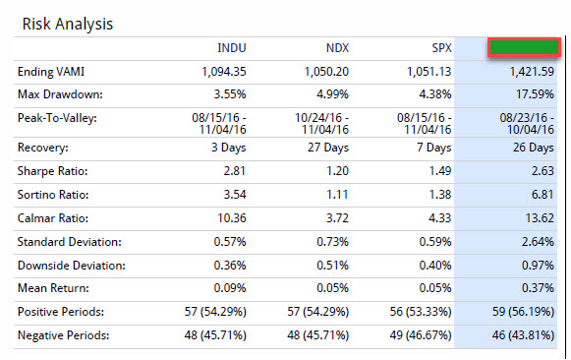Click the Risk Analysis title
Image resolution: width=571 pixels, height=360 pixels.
click(x=68, y=25)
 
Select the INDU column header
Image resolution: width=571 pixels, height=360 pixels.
click(x=232, y=48)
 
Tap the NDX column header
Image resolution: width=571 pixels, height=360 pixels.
click(x=337, y=48)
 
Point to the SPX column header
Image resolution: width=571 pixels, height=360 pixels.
click(x=441, y=48)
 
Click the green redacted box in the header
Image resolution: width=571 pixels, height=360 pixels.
click(x=524, y=47)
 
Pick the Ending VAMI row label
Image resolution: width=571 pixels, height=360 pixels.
click(x=51, y=72)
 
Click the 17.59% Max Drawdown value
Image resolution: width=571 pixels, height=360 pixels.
click(x=535, y=94)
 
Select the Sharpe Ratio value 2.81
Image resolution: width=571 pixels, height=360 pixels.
click(x=235, y=171)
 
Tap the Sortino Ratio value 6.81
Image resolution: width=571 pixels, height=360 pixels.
click(x=542, y=195)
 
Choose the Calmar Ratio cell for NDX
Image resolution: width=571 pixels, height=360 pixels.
click(x=337, y=218)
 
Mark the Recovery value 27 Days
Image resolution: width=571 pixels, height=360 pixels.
click(x=328, y=148)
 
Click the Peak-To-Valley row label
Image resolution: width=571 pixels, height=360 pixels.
click(x=57, y=118)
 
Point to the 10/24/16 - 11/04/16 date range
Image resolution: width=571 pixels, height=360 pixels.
click(x=321, y=124)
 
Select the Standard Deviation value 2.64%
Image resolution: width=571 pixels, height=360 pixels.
click(x=538, y=242)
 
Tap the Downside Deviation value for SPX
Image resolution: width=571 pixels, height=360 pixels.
click(x=435, y=266)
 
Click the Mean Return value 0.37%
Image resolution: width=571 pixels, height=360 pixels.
click(x=538, y=288)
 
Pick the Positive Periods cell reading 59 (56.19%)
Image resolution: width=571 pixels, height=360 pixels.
click(x=523, y=312)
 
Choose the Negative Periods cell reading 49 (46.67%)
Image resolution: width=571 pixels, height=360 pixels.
click(x=421, y=335)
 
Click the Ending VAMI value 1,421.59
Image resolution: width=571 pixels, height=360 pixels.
click(x=532, y=72)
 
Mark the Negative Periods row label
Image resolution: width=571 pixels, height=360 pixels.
click(x=63, y=335)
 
